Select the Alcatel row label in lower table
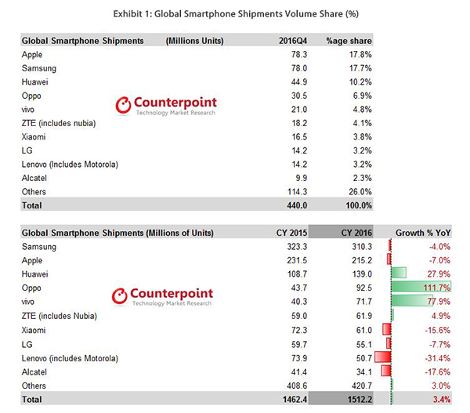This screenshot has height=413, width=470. [x=35, y=371]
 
